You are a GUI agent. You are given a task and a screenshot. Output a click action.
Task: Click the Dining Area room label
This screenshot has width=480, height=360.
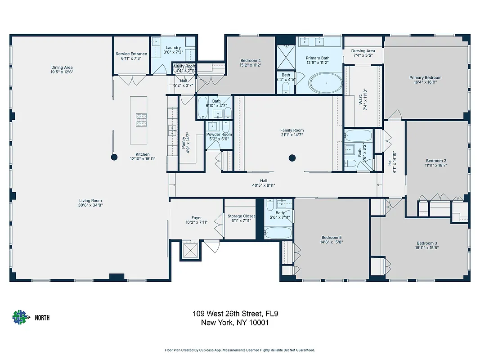coord(62,67)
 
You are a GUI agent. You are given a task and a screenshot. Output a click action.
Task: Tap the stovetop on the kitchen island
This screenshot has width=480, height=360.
coord(143,120)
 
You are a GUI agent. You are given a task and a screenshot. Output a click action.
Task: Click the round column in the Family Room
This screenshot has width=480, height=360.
coord(292,157)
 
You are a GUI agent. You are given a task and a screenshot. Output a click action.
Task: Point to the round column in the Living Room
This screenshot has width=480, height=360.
coord(114,157)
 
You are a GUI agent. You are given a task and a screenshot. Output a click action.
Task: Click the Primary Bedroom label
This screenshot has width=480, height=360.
coord(425,77)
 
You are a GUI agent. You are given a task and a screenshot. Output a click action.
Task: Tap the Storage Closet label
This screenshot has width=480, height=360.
coord(241,216)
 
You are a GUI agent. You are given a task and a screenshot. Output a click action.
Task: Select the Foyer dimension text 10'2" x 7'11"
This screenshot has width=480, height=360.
coord(197,222)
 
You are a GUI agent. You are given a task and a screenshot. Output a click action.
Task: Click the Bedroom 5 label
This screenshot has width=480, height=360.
coord(331,238)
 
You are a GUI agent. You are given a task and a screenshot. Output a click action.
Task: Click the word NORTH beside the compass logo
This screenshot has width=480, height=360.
coord(42,318)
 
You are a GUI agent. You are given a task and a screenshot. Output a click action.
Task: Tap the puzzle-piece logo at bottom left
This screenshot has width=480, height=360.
coord(20,318)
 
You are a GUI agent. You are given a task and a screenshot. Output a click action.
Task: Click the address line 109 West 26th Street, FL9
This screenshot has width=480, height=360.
coord(238,314)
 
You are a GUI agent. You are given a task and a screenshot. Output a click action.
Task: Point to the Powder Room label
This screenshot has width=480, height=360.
coord(219,135)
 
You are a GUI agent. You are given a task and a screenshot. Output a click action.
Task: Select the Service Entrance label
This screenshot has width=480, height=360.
coord(131,54)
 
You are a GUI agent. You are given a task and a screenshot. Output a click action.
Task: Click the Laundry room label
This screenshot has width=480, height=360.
coord(173,48)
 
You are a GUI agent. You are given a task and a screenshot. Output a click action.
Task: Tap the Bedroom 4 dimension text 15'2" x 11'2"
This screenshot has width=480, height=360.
coord(251,65)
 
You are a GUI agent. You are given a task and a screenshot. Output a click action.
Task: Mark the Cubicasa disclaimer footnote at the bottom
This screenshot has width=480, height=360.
coord(240,350)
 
